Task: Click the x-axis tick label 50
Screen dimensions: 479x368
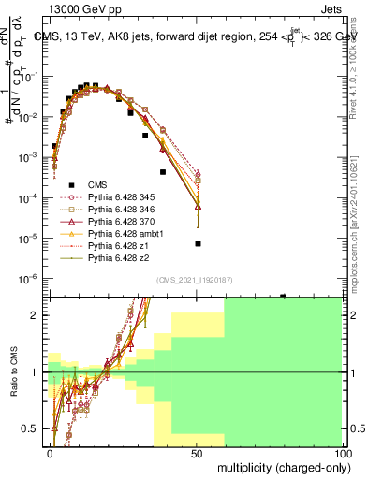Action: point(196,453)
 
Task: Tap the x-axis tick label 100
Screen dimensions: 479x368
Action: point(342,453)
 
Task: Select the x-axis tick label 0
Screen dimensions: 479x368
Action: point(51,453)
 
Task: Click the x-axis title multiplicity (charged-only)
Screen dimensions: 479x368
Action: point(278,467)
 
